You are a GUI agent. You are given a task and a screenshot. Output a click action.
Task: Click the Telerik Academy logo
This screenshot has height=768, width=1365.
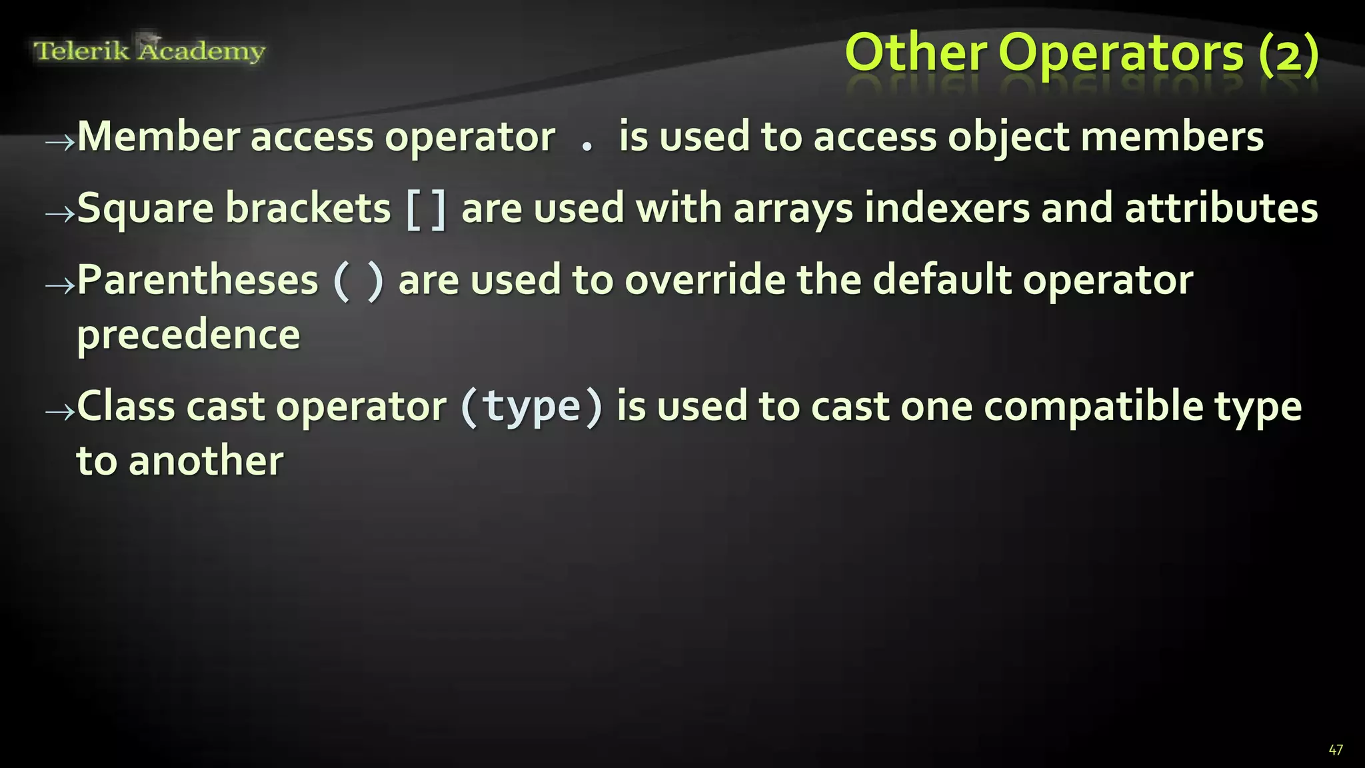149,50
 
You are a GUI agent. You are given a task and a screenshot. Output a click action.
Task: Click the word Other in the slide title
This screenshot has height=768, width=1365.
916,53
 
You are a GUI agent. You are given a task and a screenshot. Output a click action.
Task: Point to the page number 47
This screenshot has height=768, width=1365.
1335,750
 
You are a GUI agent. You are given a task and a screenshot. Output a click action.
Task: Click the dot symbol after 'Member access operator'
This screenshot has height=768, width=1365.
587,146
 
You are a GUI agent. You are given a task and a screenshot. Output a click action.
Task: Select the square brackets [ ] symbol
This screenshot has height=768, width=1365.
426,209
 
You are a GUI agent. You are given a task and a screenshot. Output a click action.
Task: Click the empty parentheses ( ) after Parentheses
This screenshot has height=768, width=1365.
358,281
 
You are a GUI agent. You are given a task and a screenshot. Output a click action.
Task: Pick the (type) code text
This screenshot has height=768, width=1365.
531,407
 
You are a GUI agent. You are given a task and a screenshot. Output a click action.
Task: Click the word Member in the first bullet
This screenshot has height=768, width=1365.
159,137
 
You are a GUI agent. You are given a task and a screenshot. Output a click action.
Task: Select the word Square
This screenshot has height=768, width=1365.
145,209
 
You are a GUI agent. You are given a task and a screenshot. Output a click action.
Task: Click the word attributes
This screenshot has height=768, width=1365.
1221,208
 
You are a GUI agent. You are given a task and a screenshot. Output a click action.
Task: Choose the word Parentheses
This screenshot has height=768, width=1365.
198,280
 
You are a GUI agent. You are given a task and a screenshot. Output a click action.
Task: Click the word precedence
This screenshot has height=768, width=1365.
189,335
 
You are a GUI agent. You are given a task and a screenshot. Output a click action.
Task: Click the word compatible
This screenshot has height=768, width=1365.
1093,407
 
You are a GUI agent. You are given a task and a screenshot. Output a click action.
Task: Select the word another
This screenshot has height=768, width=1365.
206,461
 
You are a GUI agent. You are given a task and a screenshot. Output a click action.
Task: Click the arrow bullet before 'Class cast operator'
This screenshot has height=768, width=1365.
60,412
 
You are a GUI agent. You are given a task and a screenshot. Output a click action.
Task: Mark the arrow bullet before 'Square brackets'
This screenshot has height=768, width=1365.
60,213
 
